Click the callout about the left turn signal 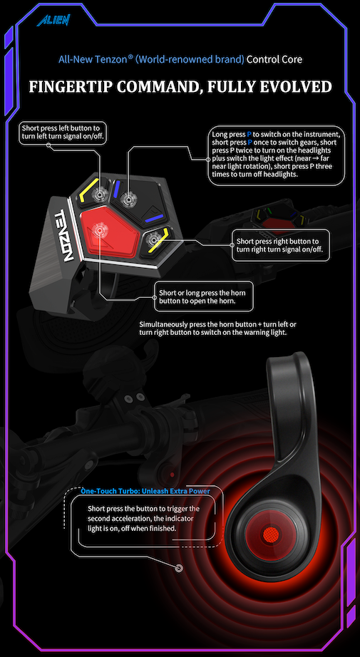[x=64, y=132]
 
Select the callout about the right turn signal [x=281, y=244]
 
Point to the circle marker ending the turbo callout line [x=178, y=568]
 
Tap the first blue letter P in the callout [x=249, y=134]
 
